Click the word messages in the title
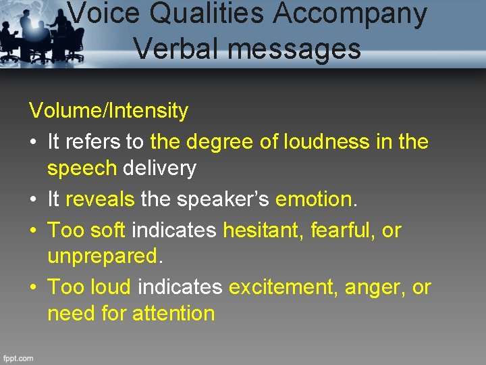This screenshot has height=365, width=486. point(298,49)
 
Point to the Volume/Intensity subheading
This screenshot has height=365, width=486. point(108,110)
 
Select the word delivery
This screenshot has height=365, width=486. point(159,168)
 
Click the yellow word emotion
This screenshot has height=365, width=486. point(314,199)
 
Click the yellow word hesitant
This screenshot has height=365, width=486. point(263,230)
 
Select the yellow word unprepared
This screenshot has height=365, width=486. point(102,257)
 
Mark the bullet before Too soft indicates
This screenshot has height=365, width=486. point(34,231)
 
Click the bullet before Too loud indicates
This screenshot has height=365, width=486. point(34,288)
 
